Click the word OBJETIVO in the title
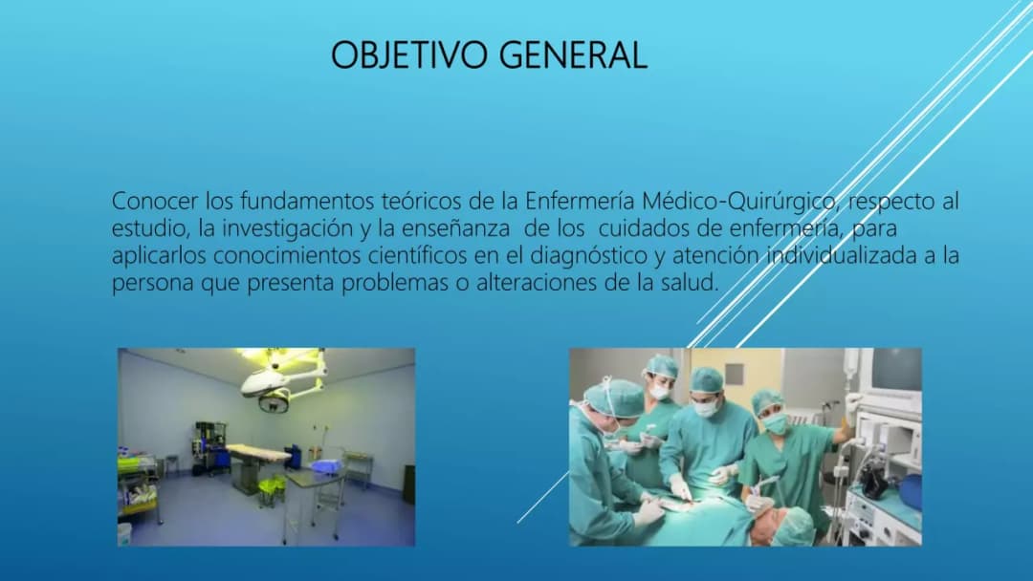tap(410, 54)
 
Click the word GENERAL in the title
tap(573, 54)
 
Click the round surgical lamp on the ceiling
tap(275, 400)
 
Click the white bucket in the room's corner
tap(124, 533)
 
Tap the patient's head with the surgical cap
tap(790, 527)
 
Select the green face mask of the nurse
tap(775, 423)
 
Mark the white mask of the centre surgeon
tap(706, 408)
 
